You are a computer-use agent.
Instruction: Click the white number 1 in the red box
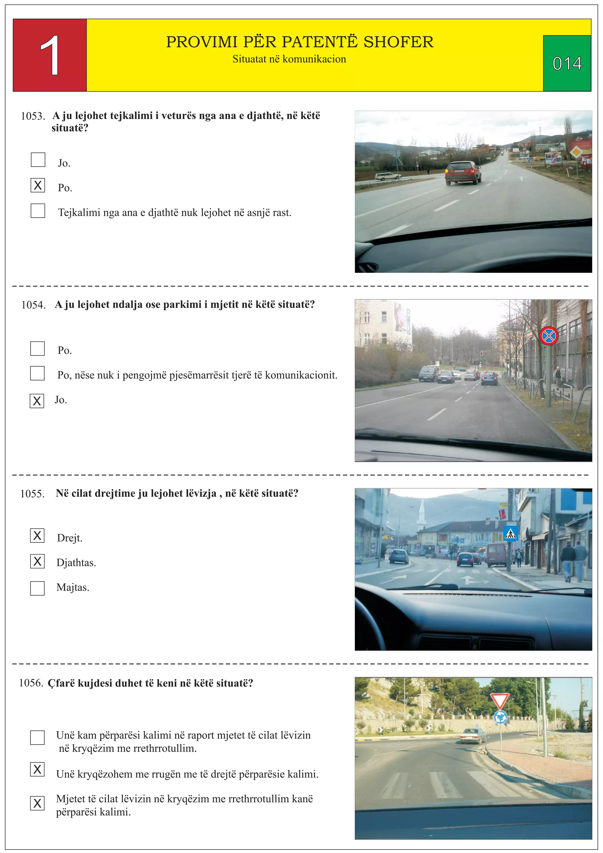coord(50,56)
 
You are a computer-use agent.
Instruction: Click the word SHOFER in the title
coord(398,42)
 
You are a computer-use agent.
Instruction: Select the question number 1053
coord(33,116)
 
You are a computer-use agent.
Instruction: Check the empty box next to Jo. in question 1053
coord(38,160)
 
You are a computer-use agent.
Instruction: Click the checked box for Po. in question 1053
coord(38,185)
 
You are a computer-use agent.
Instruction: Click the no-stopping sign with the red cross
coord(549,336)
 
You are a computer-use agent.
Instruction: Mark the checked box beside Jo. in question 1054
coord(37,401)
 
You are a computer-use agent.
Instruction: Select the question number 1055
coord(32,494)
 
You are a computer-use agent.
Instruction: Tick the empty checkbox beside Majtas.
coord(37,588)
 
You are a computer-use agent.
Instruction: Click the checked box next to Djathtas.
coord(37,561)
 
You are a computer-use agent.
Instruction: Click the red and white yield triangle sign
coord(499,701)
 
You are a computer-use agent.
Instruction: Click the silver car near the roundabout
coord(473,735)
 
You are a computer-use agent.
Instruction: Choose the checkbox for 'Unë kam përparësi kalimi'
coord(37,738)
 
